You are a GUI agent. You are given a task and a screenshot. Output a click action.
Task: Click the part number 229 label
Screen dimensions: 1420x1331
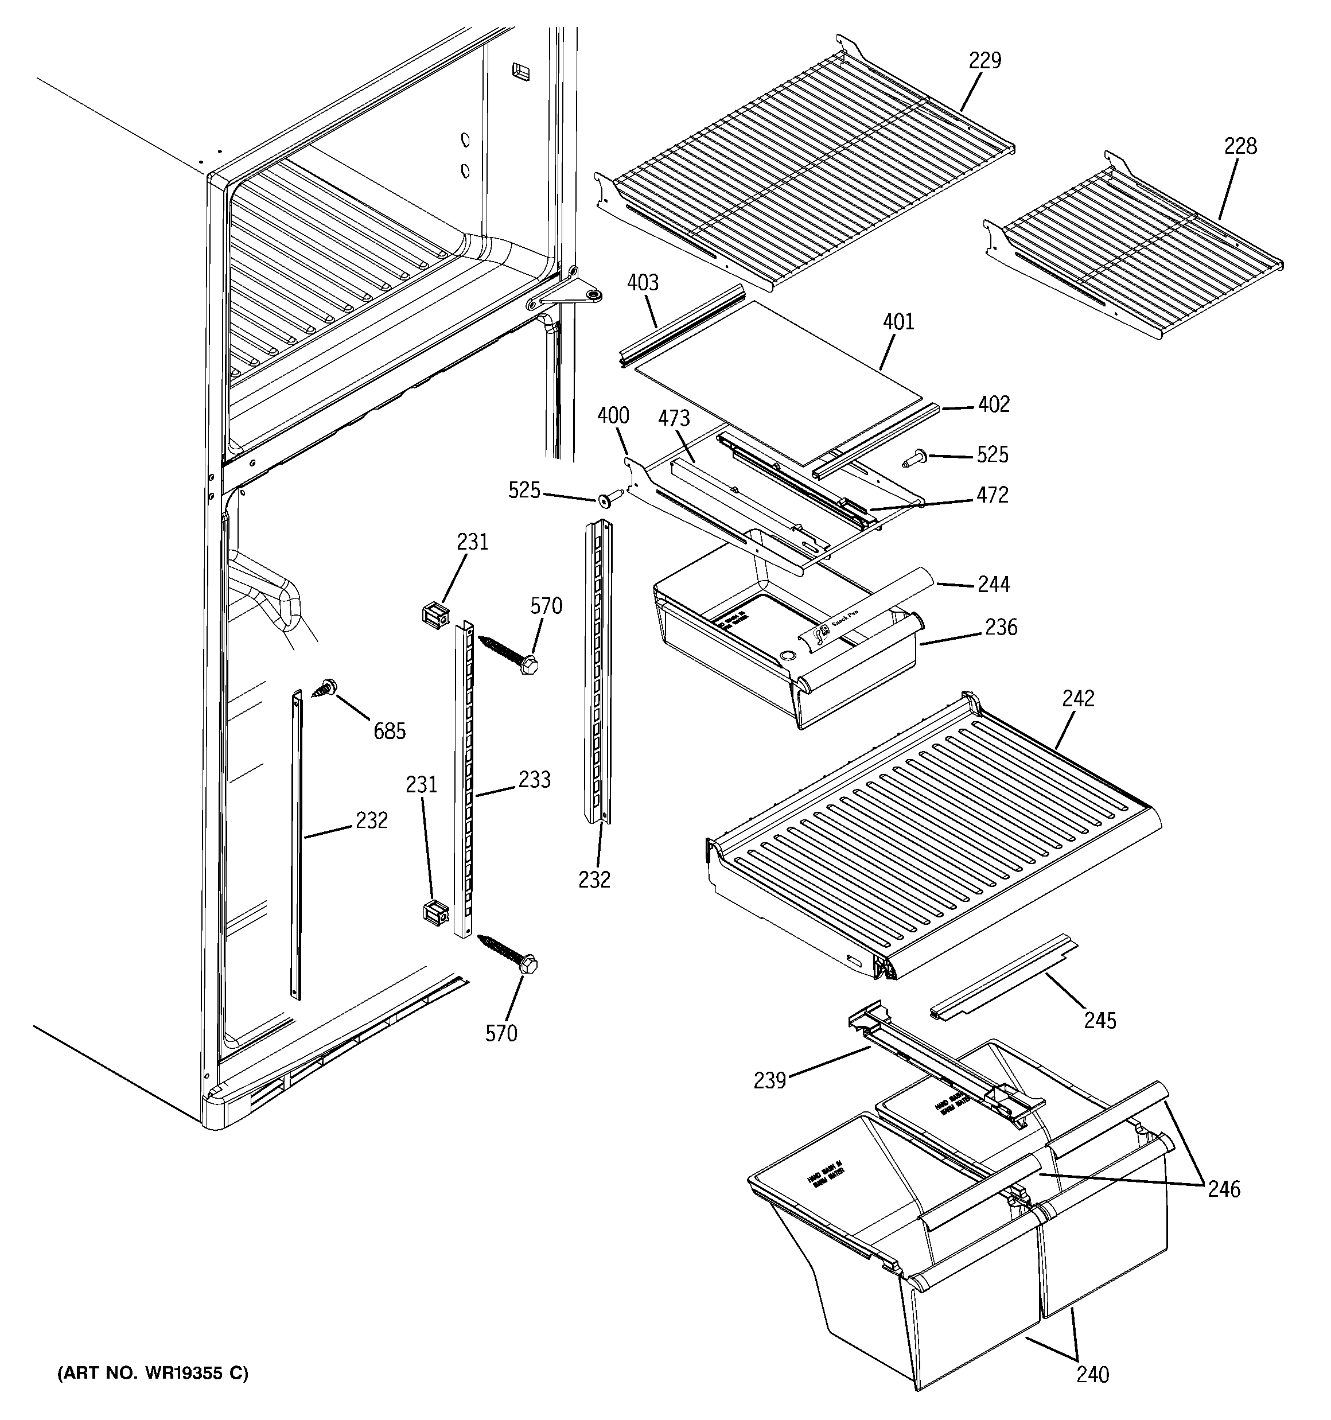tap(984, 61)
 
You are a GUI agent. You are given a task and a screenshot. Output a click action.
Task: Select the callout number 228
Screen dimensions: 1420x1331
tap(1240, 146)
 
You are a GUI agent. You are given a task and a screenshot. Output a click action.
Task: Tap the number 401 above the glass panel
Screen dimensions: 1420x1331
tap(898, 322)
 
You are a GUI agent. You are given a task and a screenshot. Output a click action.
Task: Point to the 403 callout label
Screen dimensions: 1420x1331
tap(643, 283)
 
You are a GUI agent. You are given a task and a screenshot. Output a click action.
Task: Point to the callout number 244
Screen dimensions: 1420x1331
tap(993, 585)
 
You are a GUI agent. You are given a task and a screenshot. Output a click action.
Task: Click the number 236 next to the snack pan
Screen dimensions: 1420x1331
tap(1001, 628)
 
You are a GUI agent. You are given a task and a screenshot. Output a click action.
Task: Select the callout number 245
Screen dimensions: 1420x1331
tap(1100, 1020)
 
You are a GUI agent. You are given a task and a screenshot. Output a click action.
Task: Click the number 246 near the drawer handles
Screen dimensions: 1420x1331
tap(1224, 1189)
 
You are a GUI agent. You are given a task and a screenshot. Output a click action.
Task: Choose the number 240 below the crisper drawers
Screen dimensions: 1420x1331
tap(1093, 1374)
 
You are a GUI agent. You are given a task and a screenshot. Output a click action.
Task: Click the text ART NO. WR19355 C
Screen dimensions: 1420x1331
tap(153, 1373)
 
